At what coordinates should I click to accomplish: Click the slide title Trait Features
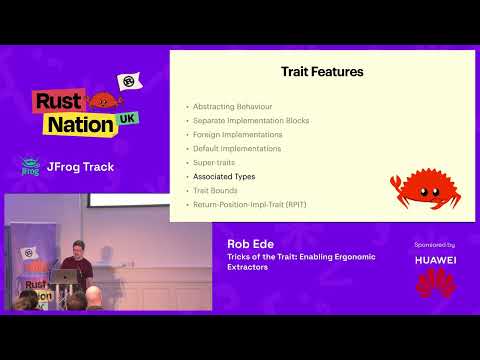[x=321, y=72]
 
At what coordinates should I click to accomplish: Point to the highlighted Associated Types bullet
[x=224, y=176]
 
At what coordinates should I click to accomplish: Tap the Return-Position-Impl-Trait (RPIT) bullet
[x=253, y=204]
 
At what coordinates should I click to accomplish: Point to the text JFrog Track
[x=79, y=166]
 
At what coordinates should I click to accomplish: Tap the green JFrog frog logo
[x=30, y=166]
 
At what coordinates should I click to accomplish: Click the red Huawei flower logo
[x=434, y=284]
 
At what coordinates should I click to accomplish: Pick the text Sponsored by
[x=434, y=244]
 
